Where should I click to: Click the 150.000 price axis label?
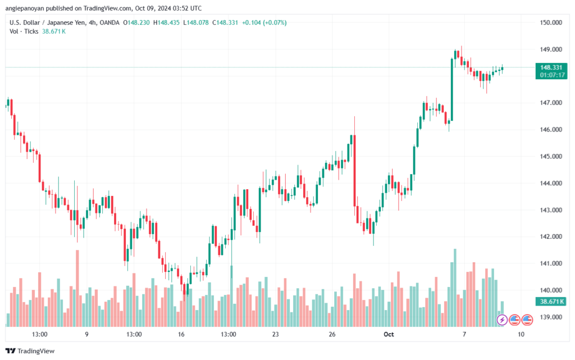[x=551, y=22]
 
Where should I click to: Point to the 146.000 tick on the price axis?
[x=551, y=129]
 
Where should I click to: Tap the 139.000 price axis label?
[x=551, y=317]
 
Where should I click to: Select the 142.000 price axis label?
[x=551, y=236]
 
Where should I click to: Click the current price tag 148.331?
[x=551, y=67]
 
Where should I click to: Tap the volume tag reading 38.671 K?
[x=551, y=302]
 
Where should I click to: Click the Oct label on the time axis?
[x=389, y=334]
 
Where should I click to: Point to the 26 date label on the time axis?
[x=332, y=334]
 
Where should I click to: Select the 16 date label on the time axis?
[x=181, y=334]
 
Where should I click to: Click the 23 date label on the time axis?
[x=275, y=334]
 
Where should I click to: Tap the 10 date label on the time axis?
[x=521, y=334]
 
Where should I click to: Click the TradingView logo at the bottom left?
[x=30, y=351]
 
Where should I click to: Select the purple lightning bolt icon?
[x=502, y=320]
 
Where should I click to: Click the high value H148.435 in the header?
[x=166, y=22]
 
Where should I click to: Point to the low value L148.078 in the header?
[x=196, y=22]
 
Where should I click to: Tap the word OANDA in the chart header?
[x=109, y=22]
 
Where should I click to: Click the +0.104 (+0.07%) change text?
[x=264, y=22]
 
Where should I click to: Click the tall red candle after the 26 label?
[x=355, y=171]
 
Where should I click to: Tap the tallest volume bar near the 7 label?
[x=455, y=288]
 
